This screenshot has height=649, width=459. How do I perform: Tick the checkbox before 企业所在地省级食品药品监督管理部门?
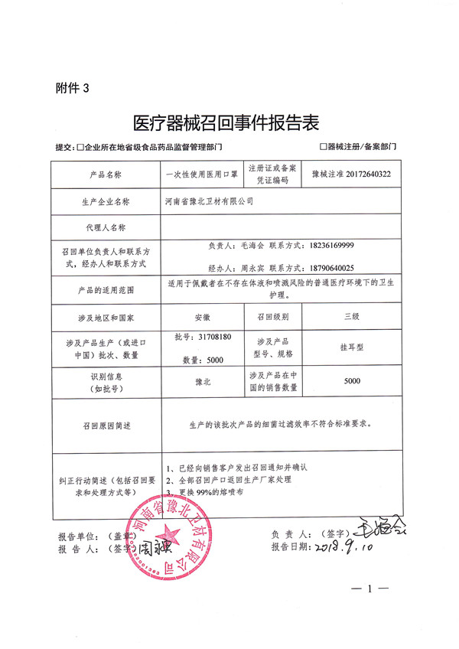tap(80, 146)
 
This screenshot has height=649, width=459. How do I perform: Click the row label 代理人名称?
tap(106, 227)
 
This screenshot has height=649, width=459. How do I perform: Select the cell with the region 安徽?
tap(202, 315)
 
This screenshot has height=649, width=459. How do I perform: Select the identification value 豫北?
tap(202, 380)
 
